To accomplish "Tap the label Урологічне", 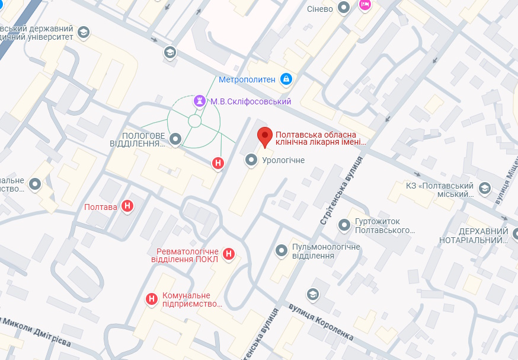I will [x=283, y=160].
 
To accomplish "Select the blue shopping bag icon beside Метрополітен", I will [x=286, y=79].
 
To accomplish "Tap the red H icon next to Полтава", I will [x=127, y=206].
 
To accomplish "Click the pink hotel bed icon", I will [x=365, y=5].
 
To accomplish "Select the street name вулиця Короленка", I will [x=321, y=323].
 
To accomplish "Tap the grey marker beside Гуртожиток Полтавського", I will [x=344, y=225].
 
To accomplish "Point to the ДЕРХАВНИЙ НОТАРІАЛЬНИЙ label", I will [x=474, y=235].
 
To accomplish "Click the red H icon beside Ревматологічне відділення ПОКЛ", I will [x=229, y=255].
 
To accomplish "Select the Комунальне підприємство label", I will [x=187, y=300].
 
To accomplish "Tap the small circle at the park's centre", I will [x=194, y=121].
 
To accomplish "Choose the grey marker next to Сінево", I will [x=343, y=8].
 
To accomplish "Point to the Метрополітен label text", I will [x=247, y=79].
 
